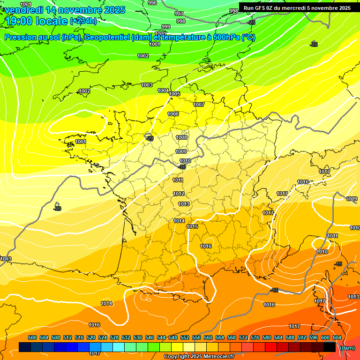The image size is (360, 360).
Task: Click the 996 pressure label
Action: point(152,3)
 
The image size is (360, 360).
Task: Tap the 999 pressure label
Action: point(166,27)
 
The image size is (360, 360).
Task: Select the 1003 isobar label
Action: point(147,85)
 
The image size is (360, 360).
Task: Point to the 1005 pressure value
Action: point(174,94)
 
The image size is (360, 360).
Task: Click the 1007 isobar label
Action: point(199,105)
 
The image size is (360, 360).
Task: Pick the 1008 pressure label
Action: point(181,137)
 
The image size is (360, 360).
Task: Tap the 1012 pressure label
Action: point(179,194)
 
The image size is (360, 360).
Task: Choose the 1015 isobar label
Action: point(192,226)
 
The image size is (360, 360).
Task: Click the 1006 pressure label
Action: point(173,114)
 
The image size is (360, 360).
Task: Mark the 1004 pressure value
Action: point(163,90)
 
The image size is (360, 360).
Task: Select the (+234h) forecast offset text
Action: point(83,21)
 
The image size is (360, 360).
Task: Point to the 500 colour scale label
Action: point(32,337)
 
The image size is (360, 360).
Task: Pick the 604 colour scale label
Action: point(337,337)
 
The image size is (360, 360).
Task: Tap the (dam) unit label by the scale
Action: point(347,348)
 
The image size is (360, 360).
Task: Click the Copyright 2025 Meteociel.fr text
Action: point(199,356)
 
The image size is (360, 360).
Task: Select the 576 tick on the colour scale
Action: point(255,337)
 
